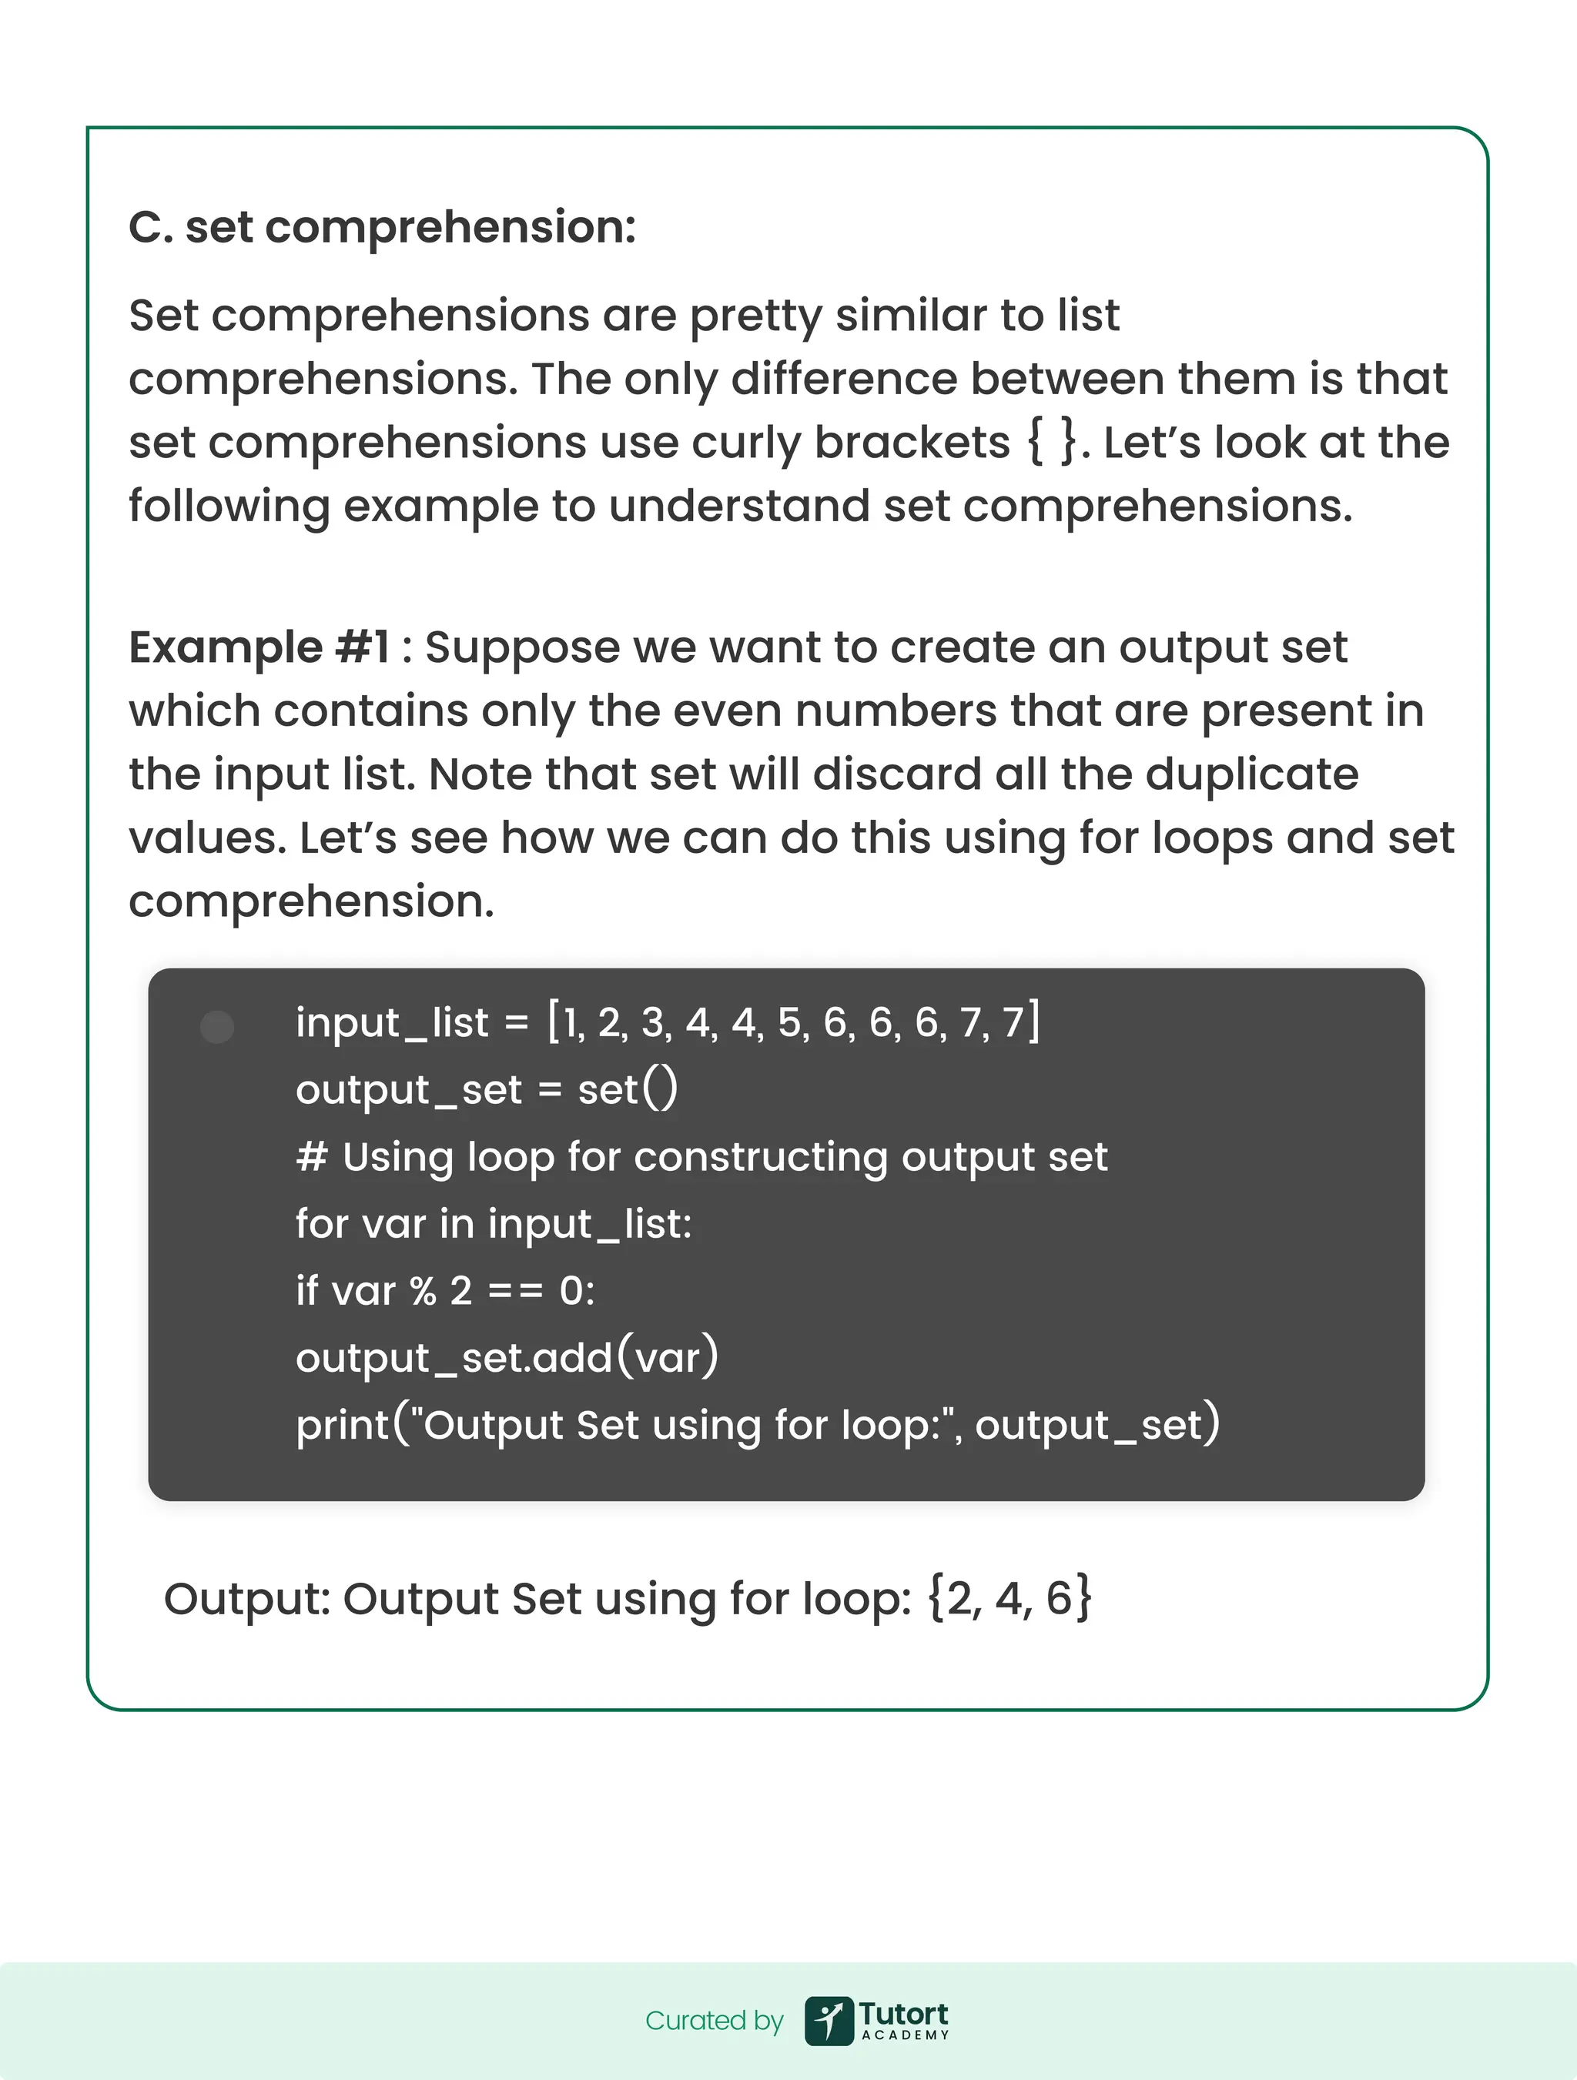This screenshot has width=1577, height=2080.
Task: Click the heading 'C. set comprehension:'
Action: point(382,228)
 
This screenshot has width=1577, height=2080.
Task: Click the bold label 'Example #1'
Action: point(259,648)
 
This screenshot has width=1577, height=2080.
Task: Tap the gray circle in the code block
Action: point(217,1027)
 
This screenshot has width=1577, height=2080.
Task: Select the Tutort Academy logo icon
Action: point(829,2021)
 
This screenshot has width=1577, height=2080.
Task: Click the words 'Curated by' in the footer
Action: point(714,2021)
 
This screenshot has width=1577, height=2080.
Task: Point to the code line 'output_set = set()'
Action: point(486,1091)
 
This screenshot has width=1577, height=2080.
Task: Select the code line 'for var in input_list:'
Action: point(494,1224)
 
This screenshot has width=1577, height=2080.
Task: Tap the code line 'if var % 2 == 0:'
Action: point(445,1291)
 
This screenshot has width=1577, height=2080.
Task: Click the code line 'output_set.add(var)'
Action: point(507,1358)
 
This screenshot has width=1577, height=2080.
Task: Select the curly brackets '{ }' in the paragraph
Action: point(1053,442)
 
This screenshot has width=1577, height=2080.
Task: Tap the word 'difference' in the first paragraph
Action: point(843,379)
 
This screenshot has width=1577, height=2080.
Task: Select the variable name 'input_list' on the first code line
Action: point(392,1023)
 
